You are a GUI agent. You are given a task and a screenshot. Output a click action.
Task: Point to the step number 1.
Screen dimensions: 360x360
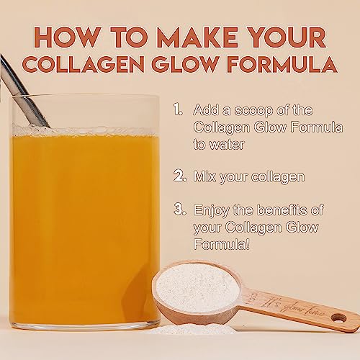pyautogui.click(x=178, y=109)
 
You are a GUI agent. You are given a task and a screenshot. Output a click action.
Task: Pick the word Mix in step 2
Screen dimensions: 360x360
pyautogui.click(x=206, y=175)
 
